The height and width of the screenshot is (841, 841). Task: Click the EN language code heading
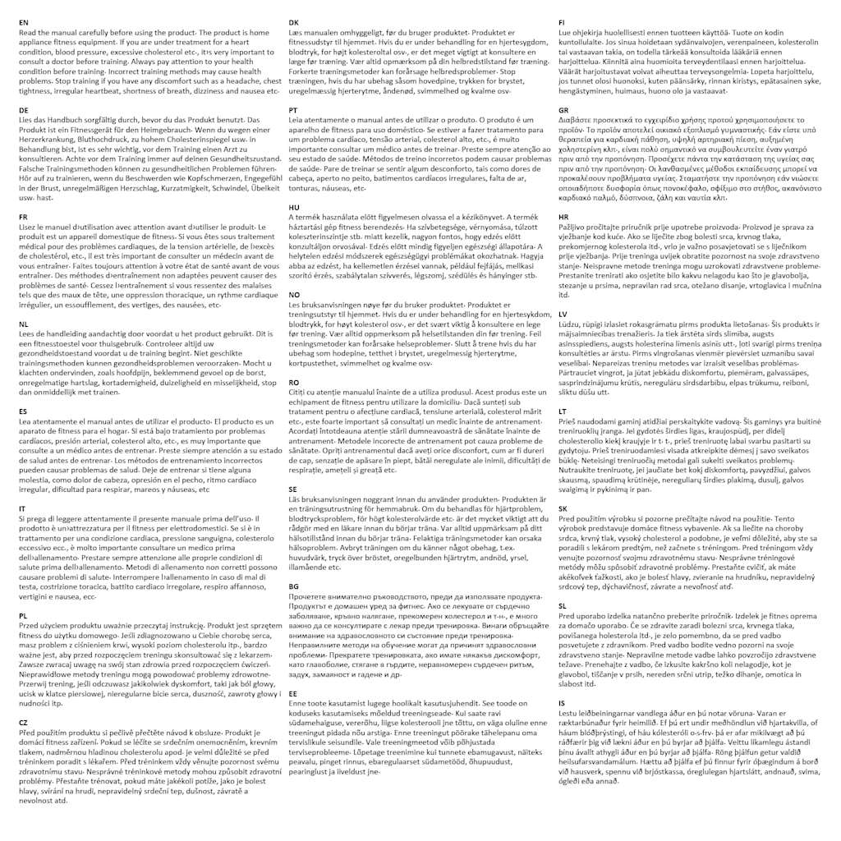(x=23, y=22)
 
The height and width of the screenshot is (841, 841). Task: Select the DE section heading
(x=23, y=109)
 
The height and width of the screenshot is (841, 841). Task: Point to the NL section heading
(x=23, y=324)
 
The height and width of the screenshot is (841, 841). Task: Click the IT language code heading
(x=22, y=508)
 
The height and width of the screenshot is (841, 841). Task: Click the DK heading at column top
(x=294, y=22)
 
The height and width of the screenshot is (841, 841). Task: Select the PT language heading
(x=293, y=109)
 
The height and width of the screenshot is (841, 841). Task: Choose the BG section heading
(x=294, y=586)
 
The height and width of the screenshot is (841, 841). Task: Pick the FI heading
(x=561, y=22)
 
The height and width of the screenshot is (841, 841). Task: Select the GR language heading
(x=563, y=109)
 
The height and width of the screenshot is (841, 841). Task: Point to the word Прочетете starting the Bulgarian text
(x=312, y=596)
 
